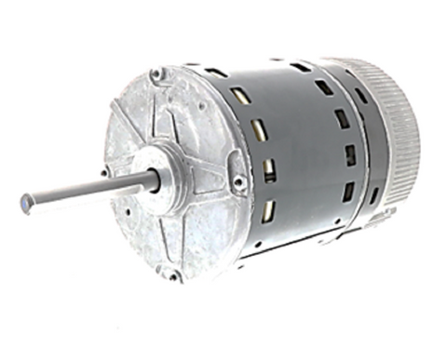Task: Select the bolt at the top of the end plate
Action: (156, 73)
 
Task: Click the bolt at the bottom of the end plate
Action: (172, 274)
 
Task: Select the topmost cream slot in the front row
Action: (238, 95)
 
